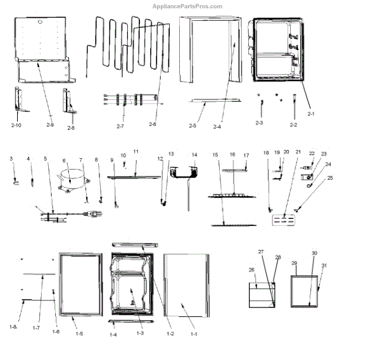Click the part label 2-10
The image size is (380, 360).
16,125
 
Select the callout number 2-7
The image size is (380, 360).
120,127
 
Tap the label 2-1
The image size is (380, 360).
311,114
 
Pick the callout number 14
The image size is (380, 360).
194,154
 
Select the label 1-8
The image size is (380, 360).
13,326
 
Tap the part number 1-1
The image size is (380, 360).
194,333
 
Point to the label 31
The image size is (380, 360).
324,265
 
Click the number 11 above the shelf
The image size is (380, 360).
136,153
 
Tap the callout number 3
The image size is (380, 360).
11,158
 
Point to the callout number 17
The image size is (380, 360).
246,155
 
